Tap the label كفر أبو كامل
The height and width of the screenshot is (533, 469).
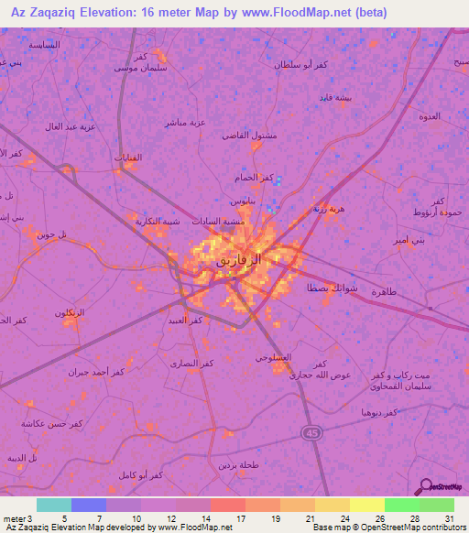[141, 475]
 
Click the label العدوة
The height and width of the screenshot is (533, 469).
[431, 115]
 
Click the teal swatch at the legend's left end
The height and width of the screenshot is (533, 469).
[53, 505]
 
